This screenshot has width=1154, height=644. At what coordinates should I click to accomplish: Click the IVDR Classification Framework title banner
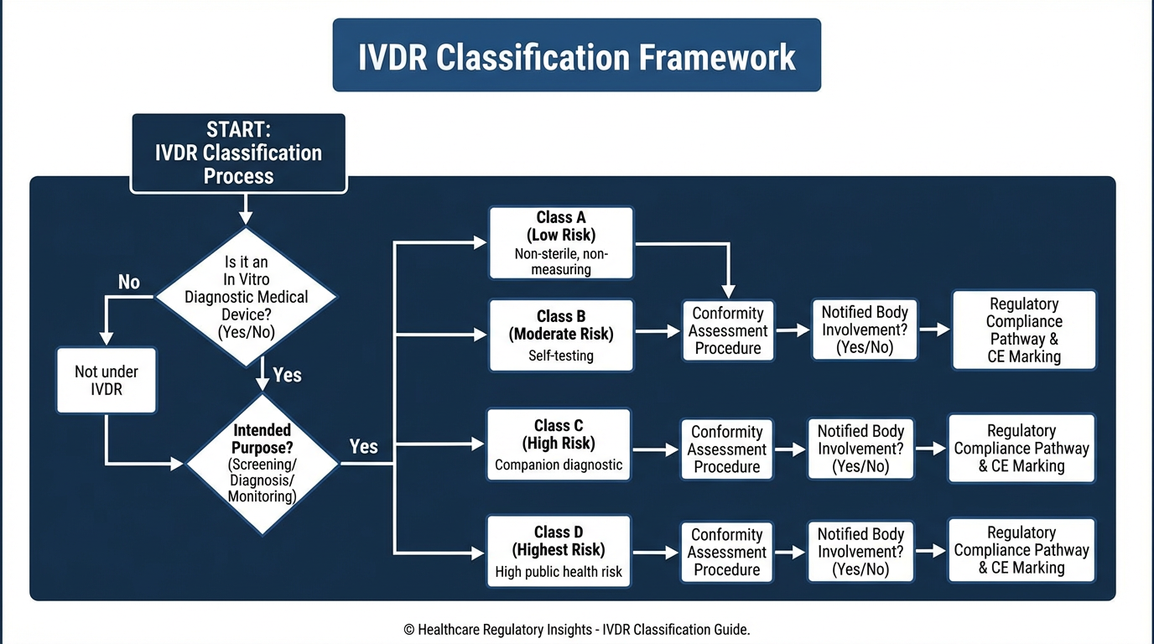pos(576,55)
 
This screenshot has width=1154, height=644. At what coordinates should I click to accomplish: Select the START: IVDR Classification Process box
pos(238,153)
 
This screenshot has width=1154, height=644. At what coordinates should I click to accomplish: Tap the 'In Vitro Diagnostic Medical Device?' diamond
pos(247,297)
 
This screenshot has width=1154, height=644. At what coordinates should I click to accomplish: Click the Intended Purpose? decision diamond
pos(263,463)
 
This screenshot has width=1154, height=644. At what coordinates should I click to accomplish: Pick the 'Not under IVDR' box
pos(107,381)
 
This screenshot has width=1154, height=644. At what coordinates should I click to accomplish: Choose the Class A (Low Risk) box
pos(561,243)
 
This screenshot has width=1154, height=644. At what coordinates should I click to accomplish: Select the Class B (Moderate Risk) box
pos(561,335)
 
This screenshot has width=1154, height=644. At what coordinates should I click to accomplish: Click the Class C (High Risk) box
pos(559,444)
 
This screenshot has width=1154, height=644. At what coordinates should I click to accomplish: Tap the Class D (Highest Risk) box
pos(559,552)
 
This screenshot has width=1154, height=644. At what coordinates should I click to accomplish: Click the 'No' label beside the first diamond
pos(129,283)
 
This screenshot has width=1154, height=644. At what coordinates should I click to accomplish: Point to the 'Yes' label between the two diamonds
pos(287,375)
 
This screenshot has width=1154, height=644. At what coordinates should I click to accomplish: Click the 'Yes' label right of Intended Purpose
pos(363,446)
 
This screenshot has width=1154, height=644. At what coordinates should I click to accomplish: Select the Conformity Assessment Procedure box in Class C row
pos(726,449)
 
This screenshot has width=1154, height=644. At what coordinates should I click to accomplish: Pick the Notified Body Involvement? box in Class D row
pos(860,552)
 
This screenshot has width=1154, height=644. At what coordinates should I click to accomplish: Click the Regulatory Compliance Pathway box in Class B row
pos(1024,330)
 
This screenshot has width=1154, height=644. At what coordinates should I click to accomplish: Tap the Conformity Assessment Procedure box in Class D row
pos(726,552)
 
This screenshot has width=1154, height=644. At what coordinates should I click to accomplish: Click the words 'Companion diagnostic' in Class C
pos(559,465)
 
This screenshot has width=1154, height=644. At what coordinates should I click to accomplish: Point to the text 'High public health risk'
pos(559,573)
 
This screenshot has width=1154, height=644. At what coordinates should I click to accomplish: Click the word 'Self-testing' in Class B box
pos(561,356)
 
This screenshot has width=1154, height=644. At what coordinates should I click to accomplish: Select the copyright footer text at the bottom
pos(576,630)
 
